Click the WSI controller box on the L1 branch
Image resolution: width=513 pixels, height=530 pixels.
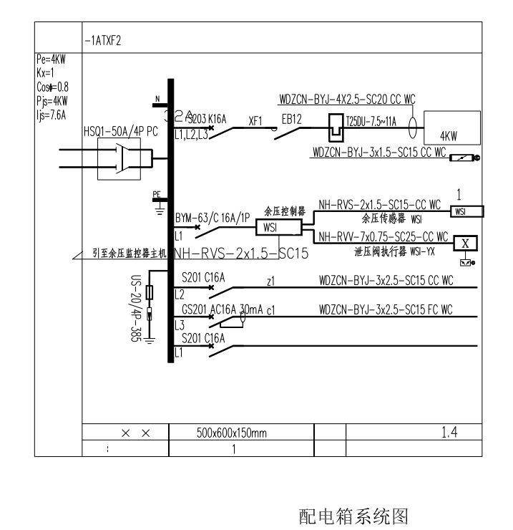pos(270,228)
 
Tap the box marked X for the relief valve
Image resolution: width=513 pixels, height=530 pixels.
pos(466,243)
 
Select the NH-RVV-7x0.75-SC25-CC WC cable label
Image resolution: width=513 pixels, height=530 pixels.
pos(383,236)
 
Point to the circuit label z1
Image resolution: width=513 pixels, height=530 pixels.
pos(270,283)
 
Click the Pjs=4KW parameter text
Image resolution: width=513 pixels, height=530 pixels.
pos(51,100)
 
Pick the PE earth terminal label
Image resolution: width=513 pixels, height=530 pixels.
pos(156,194)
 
